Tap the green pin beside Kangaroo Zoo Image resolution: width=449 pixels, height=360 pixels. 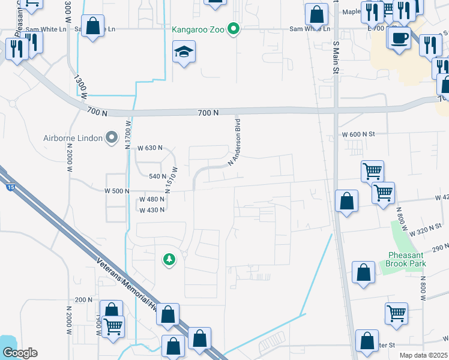click(x=234, y=28)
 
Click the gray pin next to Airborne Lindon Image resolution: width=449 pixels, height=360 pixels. click(x=111, y=137)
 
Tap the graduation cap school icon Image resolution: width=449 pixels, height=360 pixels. click(x=184, y=51)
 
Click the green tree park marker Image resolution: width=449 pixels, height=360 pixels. click(x=170, y=259)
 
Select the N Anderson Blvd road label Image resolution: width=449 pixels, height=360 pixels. click(x=238, y=143)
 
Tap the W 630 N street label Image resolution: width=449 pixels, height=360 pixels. click(x=150, y=148)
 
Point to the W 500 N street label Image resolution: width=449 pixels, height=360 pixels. click(x=117, y=191)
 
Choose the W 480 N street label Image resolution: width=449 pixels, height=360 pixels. click(x=151, y=200)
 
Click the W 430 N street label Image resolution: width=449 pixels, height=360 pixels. click(x=151, y=211)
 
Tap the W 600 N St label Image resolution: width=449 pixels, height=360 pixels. click(x=358, y=134)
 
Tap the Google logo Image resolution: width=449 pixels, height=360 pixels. click(x=19, y=353)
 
